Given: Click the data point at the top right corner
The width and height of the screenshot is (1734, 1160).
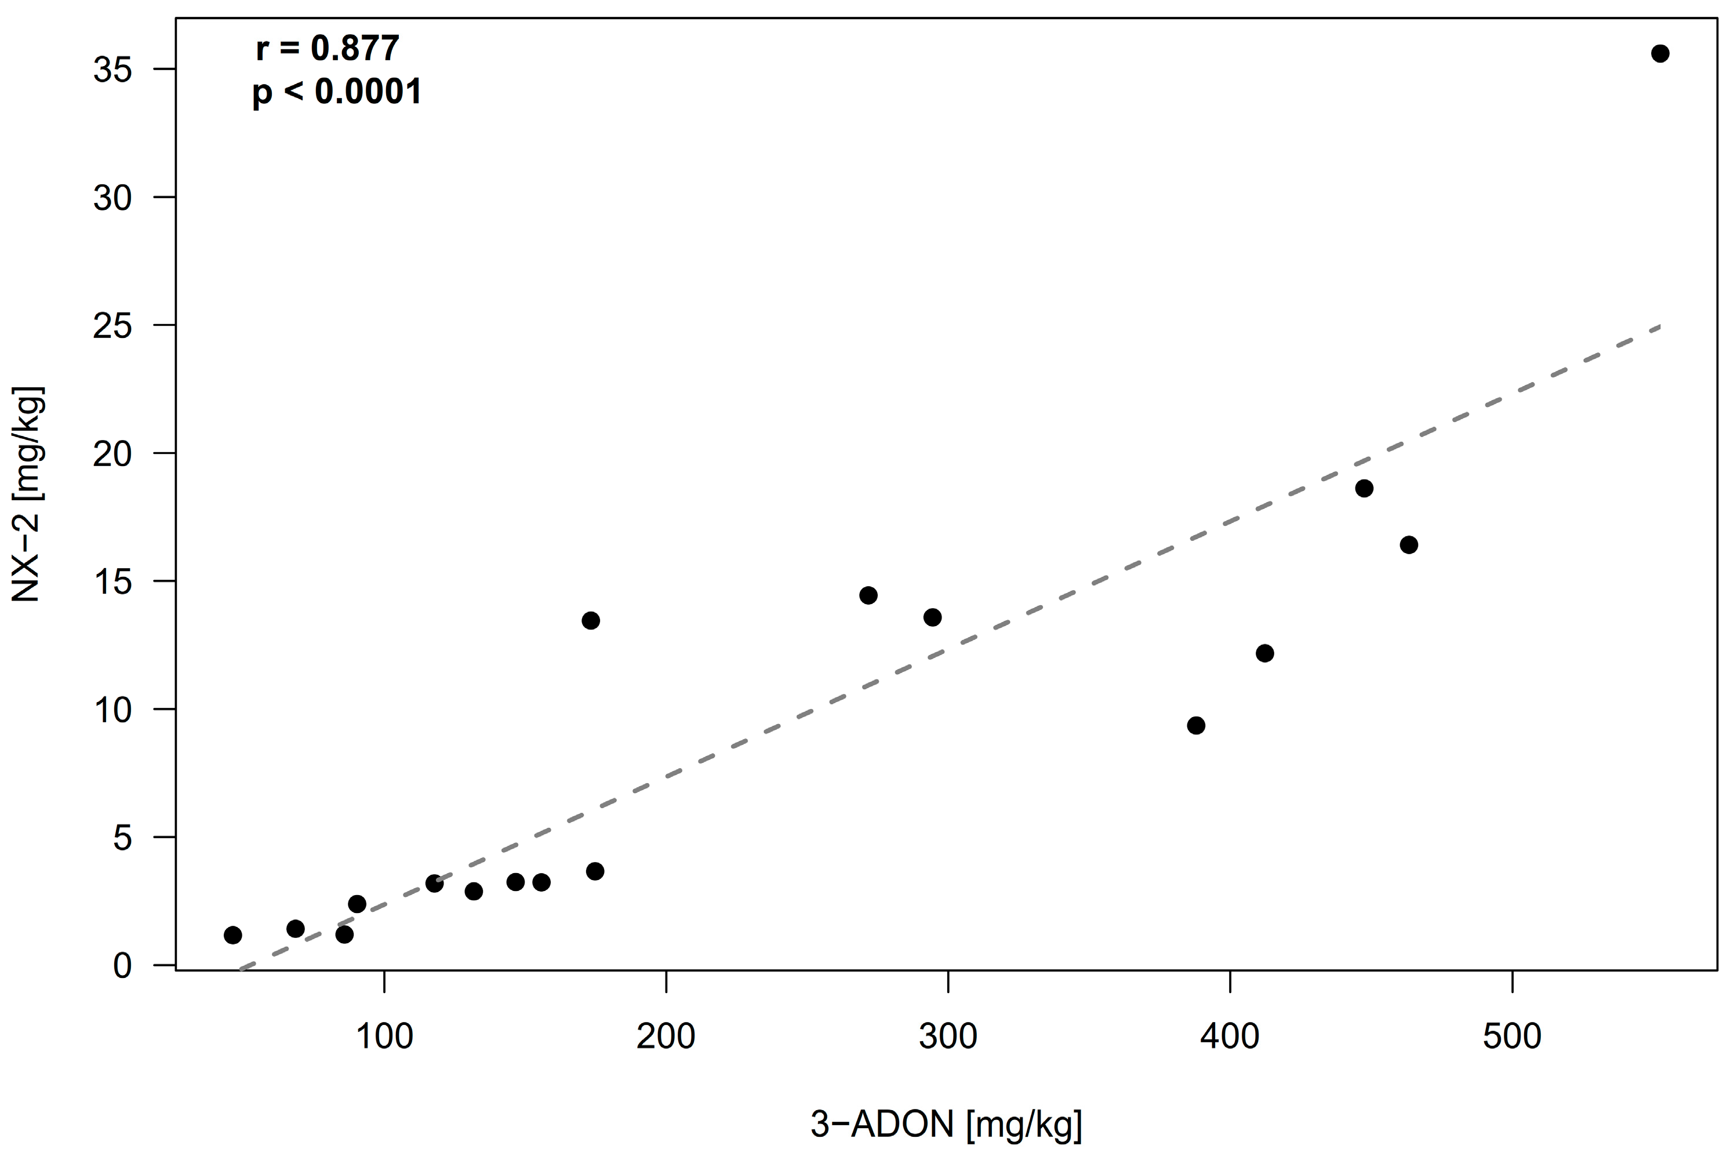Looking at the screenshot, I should coord(1660,53).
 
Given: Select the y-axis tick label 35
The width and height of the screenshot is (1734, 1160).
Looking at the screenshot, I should coord(113,70).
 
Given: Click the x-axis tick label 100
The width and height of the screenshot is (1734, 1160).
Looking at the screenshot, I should coord(385,1037).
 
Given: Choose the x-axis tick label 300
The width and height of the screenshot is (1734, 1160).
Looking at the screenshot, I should coord(948,1037).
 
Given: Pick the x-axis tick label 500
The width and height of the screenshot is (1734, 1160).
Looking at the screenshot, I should coord(1512,1037).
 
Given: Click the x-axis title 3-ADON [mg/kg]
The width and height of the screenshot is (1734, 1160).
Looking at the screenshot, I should coord(947,1125).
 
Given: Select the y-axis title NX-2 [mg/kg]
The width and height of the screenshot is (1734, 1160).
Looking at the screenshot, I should coord(27,494).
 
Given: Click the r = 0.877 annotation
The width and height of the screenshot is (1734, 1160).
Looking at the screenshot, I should coord(328,49).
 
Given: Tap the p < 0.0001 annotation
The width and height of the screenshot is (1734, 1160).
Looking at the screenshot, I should coord(337,92).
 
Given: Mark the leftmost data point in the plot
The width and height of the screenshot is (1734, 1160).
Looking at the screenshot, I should coord(233,935).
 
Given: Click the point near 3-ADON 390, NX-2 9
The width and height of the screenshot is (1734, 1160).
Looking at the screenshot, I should coord(1196,726).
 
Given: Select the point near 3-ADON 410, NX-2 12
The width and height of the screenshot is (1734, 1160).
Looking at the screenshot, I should coord(1265,653).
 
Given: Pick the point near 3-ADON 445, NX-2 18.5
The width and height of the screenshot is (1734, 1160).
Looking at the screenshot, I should coord(1364,488).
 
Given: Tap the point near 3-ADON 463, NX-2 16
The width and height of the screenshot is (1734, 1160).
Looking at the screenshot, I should coord(1409,546).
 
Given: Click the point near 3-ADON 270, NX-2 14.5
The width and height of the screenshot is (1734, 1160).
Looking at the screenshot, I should coord(868,595).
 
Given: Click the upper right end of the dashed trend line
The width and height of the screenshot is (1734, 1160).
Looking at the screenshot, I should coord(1659,326).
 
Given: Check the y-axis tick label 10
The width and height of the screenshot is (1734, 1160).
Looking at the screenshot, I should coord(113,710).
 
